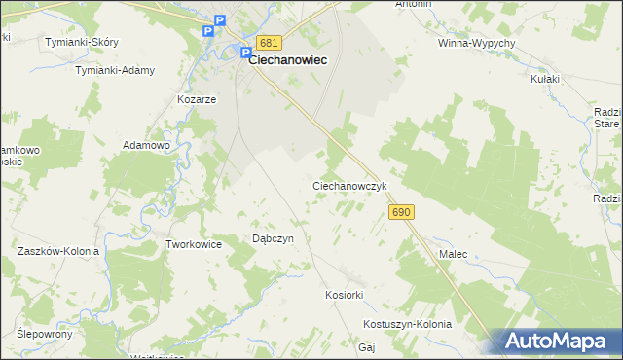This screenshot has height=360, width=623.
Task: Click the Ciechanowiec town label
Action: [287, 59]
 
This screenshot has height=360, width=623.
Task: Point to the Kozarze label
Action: [196, 99]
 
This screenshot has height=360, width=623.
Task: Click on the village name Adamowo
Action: [146, 145]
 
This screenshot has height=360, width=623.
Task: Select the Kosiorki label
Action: [344, 295]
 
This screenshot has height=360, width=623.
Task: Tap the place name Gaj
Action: [367, 347]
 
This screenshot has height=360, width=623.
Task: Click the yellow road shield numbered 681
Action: [270, 43]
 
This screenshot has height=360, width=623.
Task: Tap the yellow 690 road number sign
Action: [401, 212]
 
